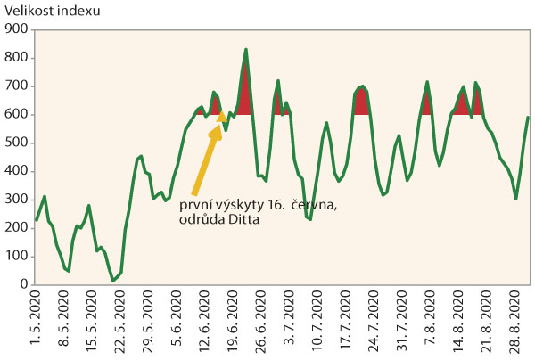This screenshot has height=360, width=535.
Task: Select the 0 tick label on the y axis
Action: [x=24, y=284]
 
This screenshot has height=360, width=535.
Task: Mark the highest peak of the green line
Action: [x=246, y=49]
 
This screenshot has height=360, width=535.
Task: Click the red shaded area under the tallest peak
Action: [x=245, y=98]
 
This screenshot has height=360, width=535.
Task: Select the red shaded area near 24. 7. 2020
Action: [x=361, y=102]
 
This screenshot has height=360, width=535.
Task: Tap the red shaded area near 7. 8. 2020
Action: [x=427, y=102]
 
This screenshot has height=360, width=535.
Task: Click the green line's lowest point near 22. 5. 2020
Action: [x=114, y=281]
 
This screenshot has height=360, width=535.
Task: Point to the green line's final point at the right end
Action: [x=528, y=117]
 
